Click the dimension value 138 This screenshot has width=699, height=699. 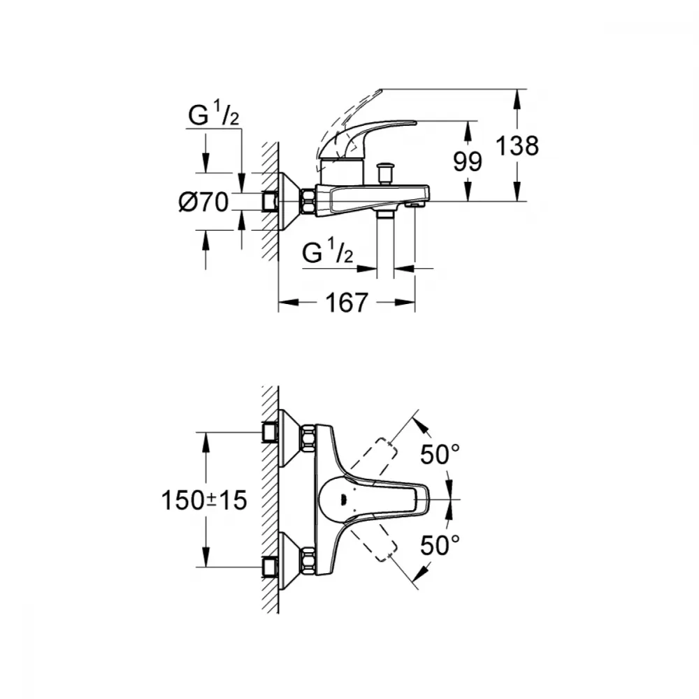point(517,146)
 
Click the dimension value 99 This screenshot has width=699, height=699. point(468,161)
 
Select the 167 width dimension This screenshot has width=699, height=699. point(347,303)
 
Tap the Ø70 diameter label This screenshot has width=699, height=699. point(203,202)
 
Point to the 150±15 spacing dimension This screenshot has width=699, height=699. point(203,500)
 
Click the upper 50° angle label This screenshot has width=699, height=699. point(440,455)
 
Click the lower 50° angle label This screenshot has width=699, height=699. point(440,545)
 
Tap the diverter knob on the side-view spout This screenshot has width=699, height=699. point(384,173)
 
